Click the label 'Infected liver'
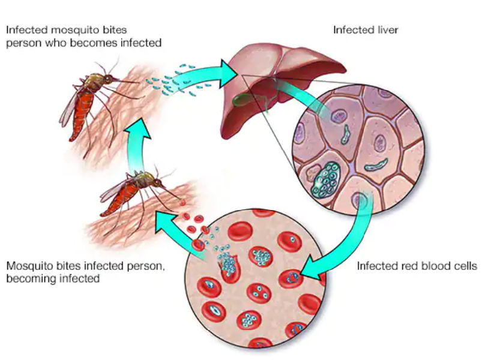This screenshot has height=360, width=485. (x=366, y=29)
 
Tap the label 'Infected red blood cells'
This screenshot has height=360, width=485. (x=417, y=265)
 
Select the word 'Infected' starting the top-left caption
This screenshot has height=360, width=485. (x=26, y=29)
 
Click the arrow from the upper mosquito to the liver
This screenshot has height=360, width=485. (x=204, y=74)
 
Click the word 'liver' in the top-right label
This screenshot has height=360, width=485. (x=388, y=29)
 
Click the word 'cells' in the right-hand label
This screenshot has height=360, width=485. (x=465, y=265)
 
